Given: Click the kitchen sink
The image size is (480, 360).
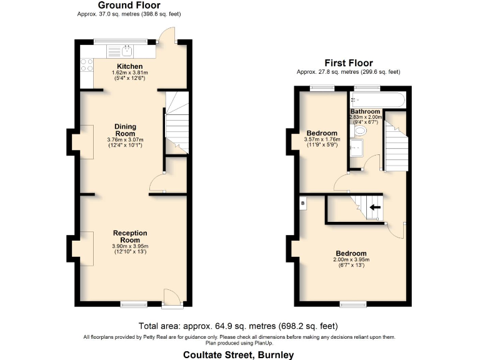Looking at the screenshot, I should [x=127, y=51].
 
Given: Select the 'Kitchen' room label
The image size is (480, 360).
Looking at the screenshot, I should [x=130, y=66].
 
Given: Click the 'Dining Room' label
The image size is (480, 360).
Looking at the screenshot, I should [x=125, y=129].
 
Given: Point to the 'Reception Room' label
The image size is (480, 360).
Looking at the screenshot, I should [x=130, y=236].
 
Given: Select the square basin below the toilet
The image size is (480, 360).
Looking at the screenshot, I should [x=357, y=147].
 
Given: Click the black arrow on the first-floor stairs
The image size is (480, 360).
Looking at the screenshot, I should [x=375, y=207].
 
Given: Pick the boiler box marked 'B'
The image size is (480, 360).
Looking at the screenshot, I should [x=303, y=203].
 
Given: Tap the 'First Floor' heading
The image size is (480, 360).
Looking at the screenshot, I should [x=348, y=63].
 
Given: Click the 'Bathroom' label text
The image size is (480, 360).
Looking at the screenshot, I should [x=365, y=112].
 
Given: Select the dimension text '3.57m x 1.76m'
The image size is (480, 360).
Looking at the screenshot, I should [x=322, y=139].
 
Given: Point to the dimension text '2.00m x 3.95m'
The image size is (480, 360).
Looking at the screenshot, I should [x=350, y=259].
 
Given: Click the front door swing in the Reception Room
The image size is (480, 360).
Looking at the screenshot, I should [x=171, y=297].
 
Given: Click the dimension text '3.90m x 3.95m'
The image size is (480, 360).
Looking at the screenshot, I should [x=130, y=246].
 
